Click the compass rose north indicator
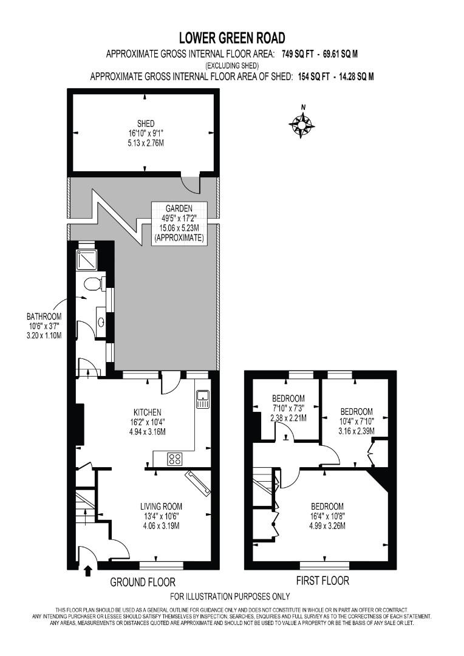302,124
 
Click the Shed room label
145,132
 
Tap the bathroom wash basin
101,320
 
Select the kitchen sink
203,398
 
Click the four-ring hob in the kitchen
175,459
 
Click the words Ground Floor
143,582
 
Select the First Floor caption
322,581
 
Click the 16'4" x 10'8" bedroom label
327,516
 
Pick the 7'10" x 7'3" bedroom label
288,408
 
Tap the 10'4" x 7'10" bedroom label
357,421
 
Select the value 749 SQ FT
298,53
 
